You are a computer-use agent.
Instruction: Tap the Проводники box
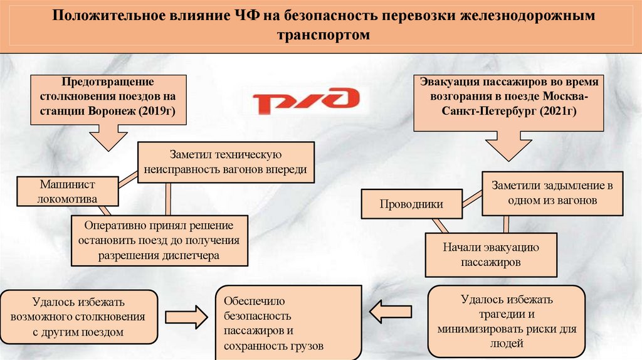(411, 204)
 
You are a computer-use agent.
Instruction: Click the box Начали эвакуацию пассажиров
(490, 255)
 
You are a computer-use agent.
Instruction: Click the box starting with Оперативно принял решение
(159, 240)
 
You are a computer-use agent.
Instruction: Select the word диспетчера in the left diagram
(192, 256)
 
